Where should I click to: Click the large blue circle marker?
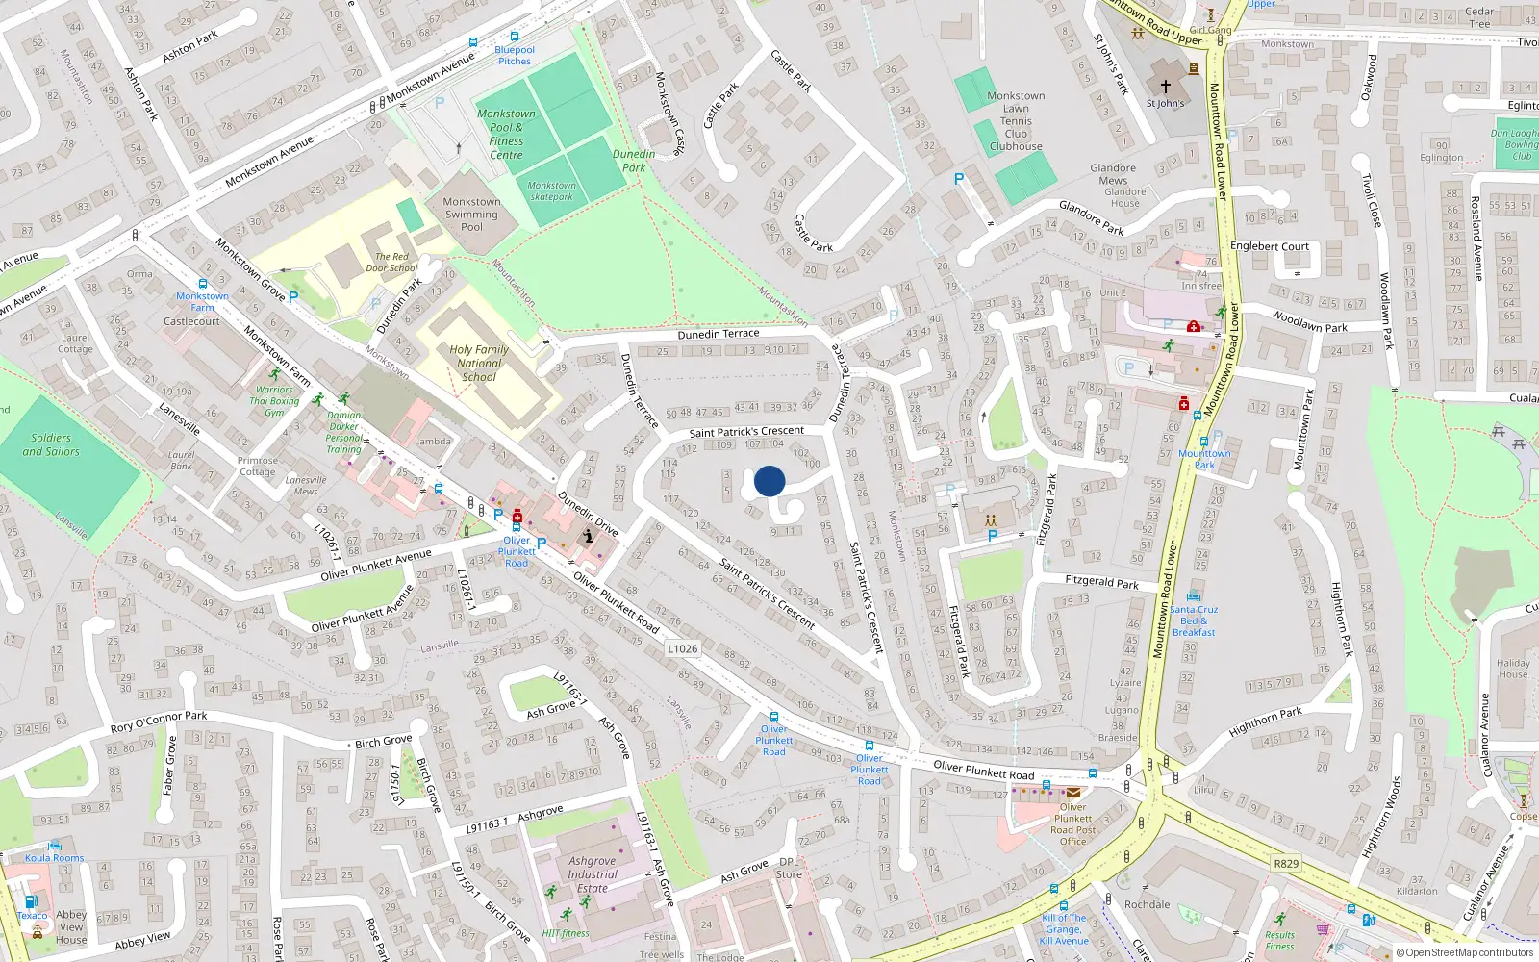[769, 481]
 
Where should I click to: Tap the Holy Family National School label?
[478, 364]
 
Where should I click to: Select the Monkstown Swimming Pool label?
[471, 215]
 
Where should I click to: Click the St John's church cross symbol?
[1166, 86]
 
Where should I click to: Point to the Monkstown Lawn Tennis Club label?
[1016, 121]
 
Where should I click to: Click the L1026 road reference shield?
[682, 648]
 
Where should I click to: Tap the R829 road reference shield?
[1286, 863]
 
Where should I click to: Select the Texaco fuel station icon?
[31, 901]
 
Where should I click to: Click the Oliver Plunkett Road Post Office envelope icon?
[1072, 794]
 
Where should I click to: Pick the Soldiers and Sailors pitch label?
[51, 444]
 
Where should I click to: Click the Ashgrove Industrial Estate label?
[593, 874]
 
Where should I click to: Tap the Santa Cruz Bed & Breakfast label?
[1194, 620]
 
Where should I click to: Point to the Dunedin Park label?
[634, 161]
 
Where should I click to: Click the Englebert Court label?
[1269, 246]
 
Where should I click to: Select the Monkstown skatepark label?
[551, 190]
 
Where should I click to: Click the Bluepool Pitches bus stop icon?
[473, 42]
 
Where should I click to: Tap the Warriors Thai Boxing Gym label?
[274, 401]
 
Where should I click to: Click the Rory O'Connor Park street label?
[159, 721]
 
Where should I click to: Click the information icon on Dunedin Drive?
[589, 536]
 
